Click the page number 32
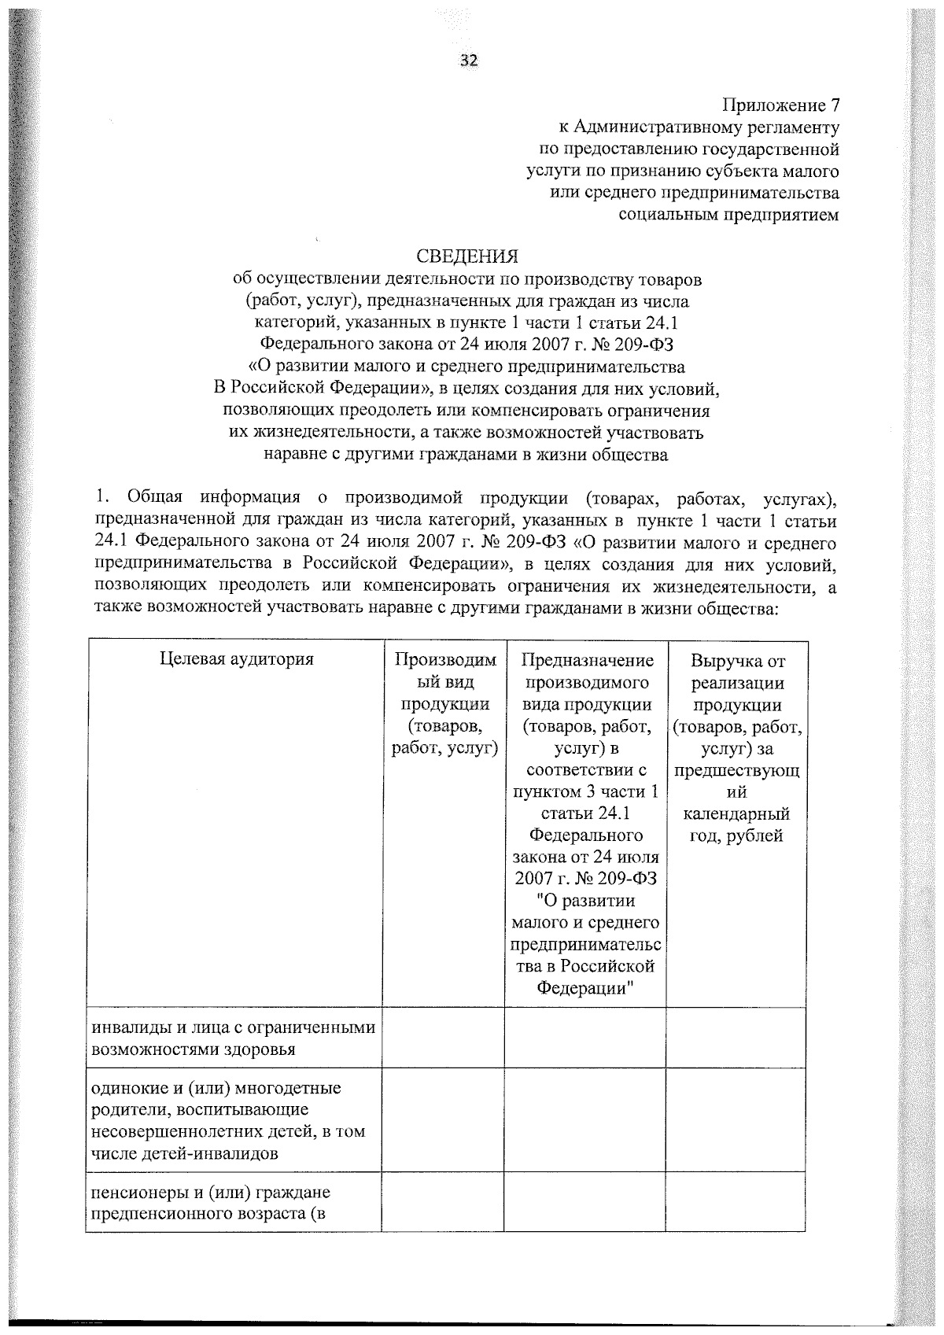point(469,61)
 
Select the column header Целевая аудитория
point(237,659)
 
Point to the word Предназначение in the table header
point(587,660)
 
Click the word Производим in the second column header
point(445,660)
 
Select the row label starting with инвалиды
point(234,1038)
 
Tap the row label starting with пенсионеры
point(211,1203)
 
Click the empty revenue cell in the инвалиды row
point(736,1038)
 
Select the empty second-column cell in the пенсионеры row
point(443,1202)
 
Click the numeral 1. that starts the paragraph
point(100,498)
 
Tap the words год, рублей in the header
point(736,836)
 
